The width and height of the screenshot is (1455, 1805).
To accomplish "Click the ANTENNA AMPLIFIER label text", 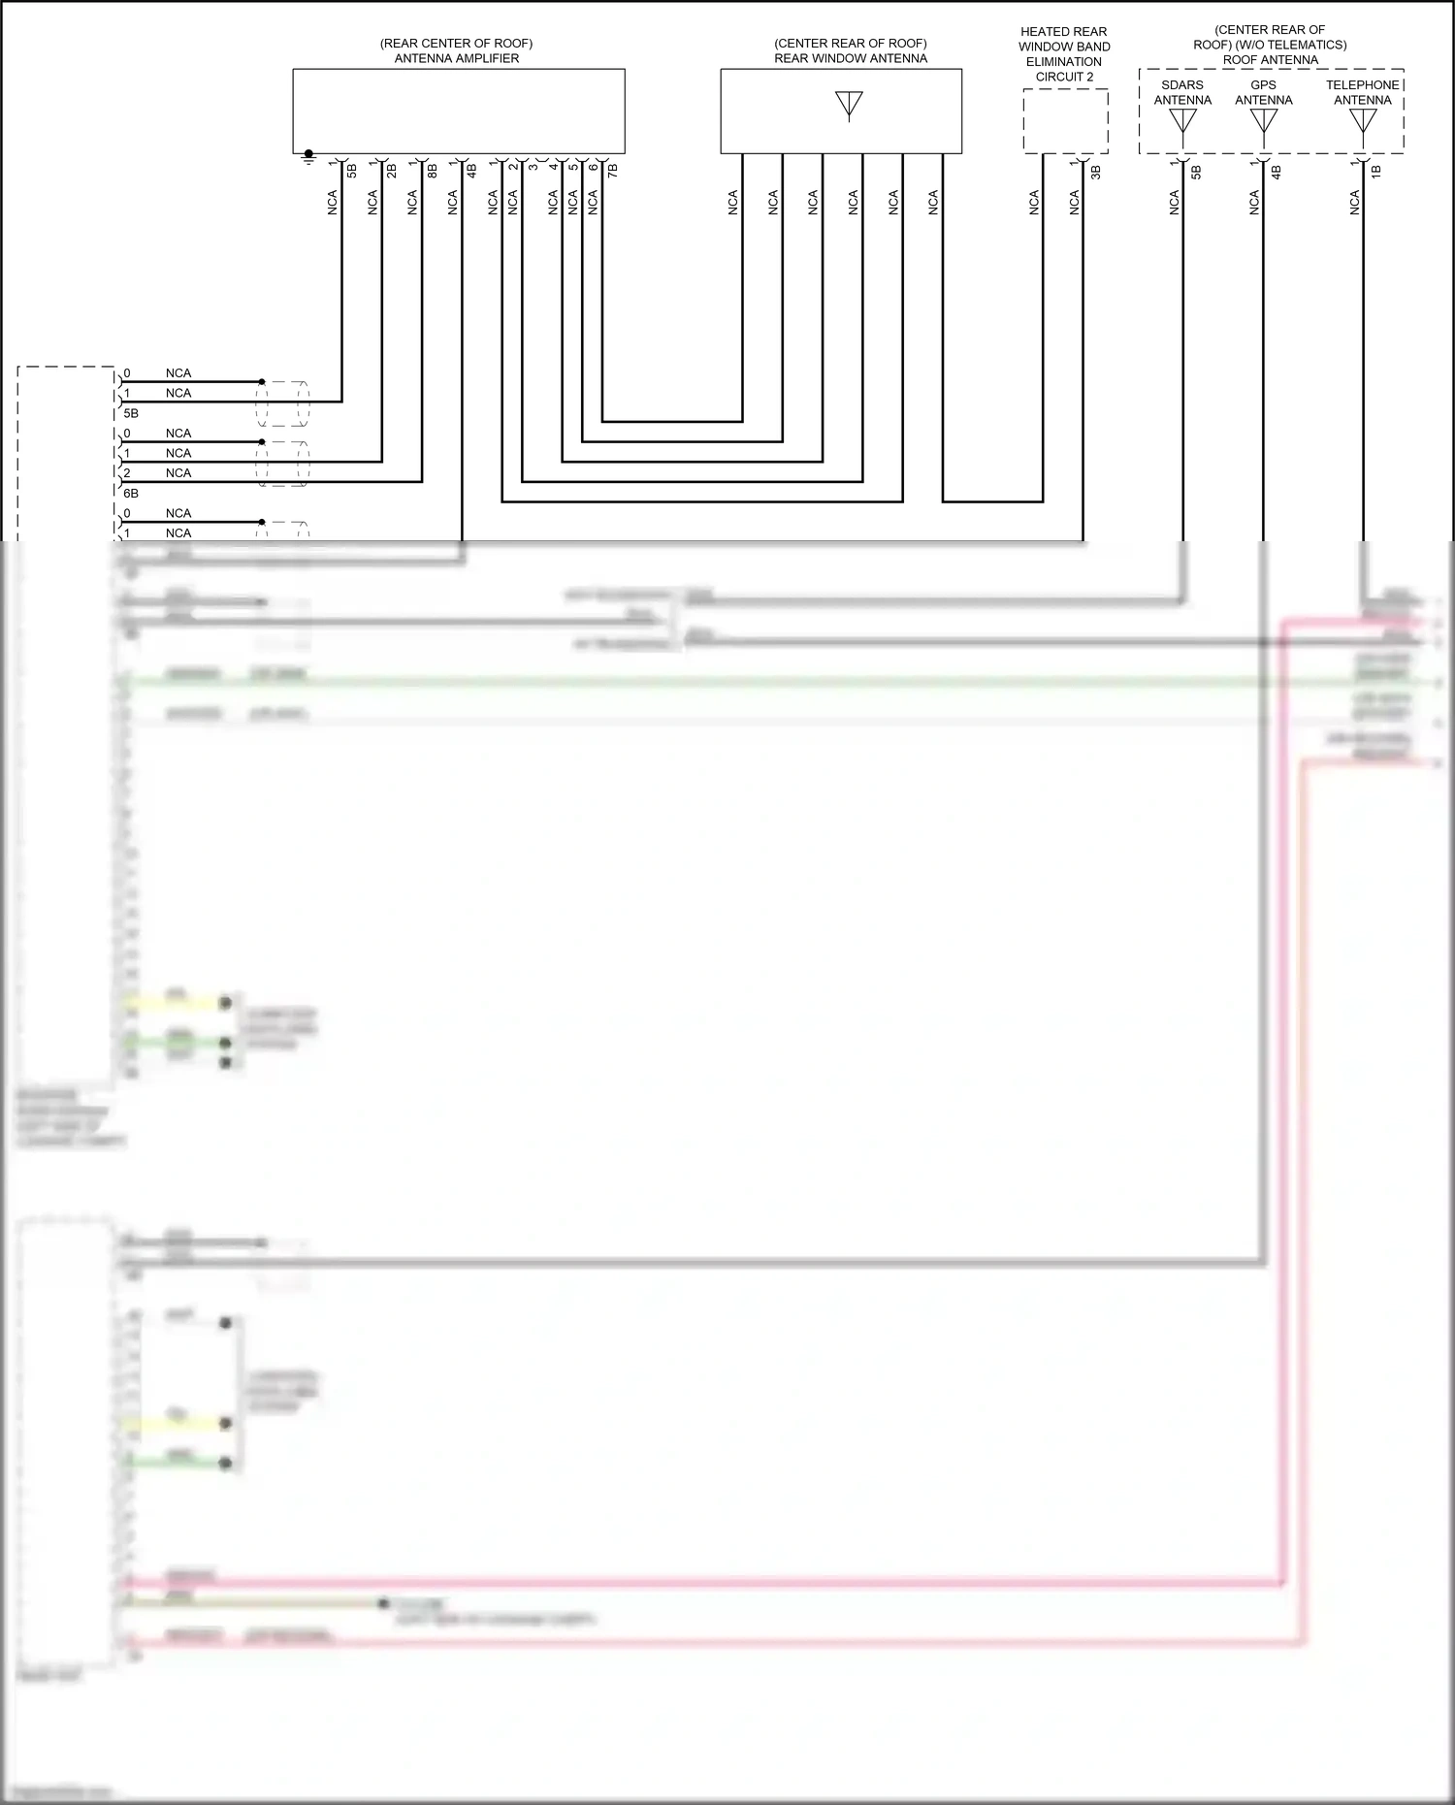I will pyautogui.click(x=456, y=58).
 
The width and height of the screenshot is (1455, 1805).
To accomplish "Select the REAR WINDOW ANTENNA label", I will pyautogui.click(x=850, y=58).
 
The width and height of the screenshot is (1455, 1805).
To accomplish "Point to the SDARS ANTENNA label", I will pyautogui.click(x=1182, y=92).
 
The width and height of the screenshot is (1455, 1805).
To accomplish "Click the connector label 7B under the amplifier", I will pyautogui.click(x=613, y=171).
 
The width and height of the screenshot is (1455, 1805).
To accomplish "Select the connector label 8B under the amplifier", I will pyautogui.click(x=433, y=171).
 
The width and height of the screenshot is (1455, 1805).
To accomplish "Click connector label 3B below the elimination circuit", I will pyautogui.click(x=1096, y=172).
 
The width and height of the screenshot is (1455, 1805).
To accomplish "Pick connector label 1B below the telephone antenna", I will pyautogui.click(x=1376, y=172).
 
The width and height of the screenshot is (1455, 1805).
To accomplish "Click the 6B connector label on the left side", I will pyautogui.click(x=131, y=494).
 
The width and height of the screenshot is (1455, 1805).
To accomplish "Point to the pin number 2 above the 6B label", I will pyautogui.click(x=127, y=473).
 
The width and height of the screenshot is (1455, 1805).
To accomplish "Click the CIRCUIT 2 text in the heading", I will pyautogui.click(x=1064, y=77).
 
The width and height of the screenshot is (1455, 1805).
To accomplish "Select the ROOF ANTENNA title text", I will pyautogui.click(x=1270, y=60).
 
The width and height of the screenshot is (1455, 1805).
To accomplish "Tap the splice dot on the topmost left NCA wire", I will pyautogui.click(x=262, y=382).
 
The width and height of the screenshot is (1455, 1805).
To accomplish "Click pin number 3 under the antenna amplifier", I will pyautogui.click(x=533, y=168).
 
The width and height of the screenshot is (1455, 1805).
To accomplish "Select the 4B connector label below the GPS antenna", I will pyautogui.click(x=1277, y=172).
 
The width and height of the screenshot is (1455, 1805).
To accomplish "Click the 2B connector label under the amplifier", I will pyautogui.click(x=392, y=171).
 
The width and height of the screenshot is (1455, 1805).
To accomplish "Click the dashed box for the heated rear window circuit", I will pyautogui.click(x=1065, y=120).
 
